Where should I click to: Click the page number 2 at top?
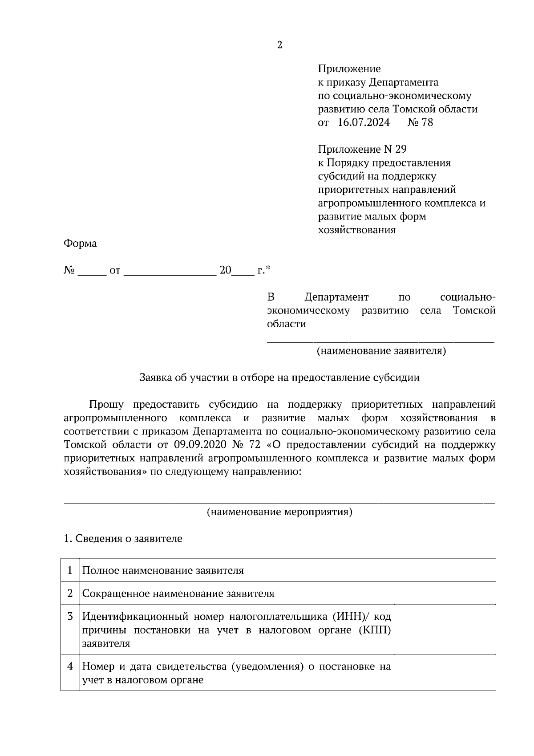[x=279, y=45]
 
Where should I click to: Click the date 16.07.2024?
[x=364, y=122]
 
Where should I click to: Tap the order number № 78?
[x=420, y=122]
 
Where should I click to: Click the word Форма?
[x=80, y=244]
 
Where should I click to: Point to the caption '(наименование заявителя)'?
[x=381, y=351]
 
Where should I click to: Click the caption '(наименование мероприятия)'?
[x=279, y=512]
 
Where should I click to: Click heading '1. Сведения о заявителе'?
[x=123, y=538]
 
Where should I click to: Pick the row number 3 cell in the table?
[x=70, y=617]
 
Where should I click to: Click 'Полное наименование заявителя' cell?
[x=163, y=570]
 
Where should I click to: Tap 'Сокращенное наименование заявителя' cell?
[x=178, y=593]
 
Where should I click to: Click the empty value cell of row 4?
[x=445, y=672]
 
